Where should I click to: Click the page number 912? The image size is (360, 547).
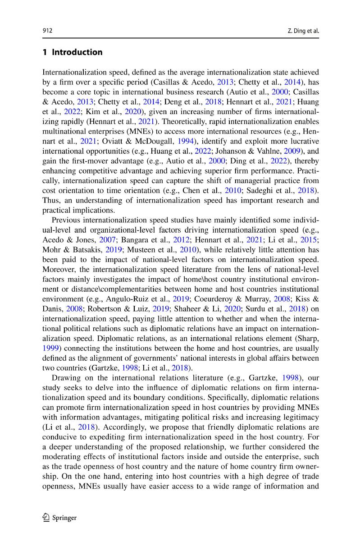[x=47, y=31]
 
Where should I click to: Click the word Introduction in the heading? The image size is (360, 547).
[x=77, y=52]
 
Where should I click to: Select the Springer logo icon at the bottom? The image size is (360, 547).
[x=46, y=518]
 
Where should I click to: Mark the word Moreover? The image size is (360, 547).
[x=58, y=270]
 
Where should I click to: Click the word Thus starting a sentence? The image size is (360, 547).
[x=50, y=200]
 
